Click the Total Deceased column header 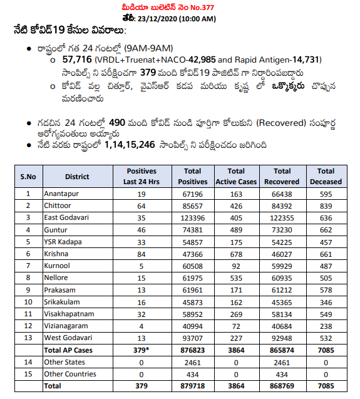tap(326, 176)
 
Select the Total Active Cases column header tap(236, 176)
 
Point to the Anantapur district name tap(61, 194)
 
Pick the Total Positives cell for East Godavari tap(192, 217)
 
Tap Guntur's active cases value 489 tap(236, 229)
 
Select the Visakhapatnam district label tap(69, 313)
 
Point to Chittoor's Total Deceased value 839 tap(326, 205)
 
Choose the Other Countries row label tap(69, 374)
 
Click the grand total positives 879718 tap(192, 386)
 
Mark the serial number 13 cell tap(28, 338)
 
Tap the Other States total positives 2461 tap(192, 362)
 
